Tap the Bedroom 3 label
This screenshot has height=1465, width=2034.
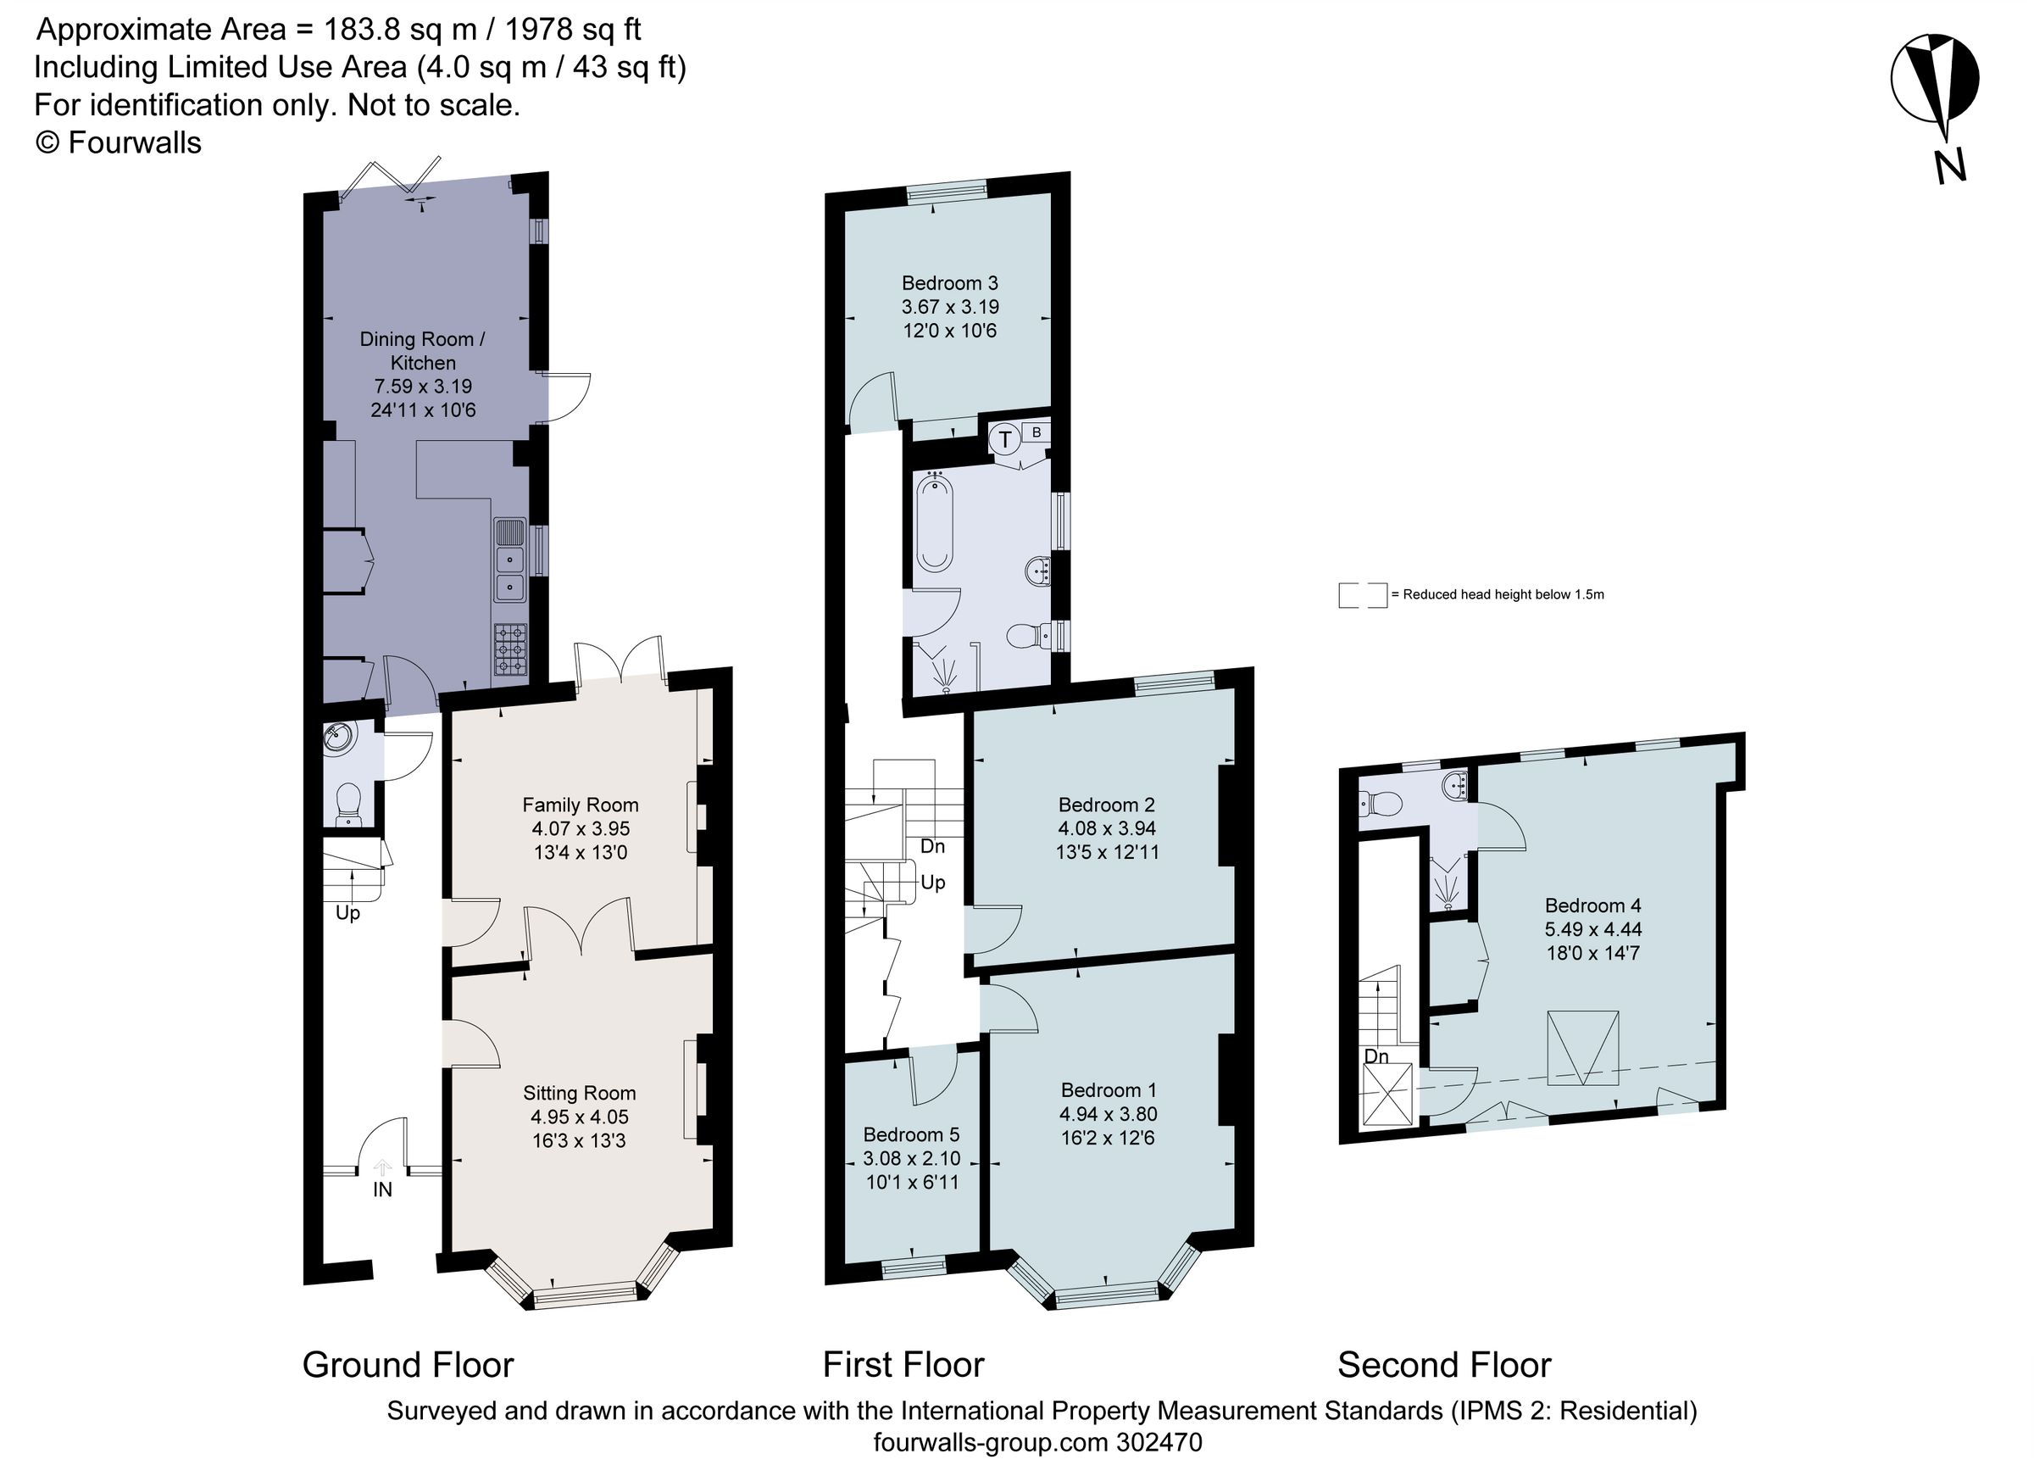coord(950,283)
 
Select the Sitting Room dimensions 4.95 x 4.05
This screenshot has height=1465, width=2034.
coord(580,1117)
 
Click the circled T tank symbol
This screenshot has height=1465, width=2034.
coord(1004,440)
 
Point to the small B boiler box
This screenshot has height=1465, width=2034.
coord(1036,432)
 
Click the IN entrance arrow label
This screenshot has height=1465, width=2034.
coord(383,1189)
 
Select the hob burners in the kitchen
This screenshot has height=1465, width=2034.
coord(510,649)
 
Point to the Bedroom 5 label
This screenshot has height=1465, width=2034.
coord(911,1134)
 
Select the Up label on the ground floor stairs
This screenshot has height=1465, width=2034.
coord(348,912)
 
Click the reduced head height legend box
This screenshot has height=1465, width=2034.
coord(1362,596)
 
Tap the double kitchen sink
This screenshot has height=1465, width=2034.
coord(509,560)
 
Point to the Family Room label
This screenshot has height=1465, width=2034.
coord(581,805)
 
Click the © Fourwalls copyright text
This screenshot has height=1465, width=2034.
coord(119,142)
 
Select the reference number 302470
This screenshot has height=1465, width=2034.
coord(1159,1443)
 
